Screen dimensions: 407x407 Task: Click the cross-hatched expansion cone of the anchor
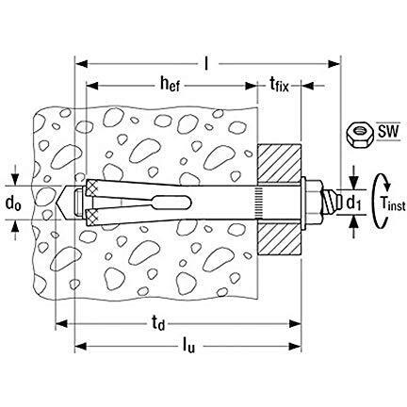tap(94, 201)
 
